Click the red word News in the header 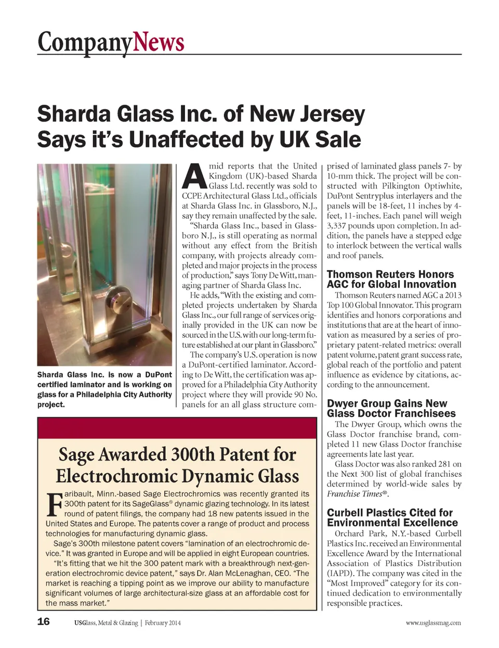coord(159,42)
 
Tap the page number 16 coord(44,621)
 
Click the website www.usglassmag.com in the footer coord(433,622)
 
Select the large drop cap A coord(193,176)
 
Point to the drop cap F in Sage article coord(54,503)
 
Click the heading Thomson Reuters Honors coord(390,274)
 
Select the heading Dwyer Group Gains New coord(387,403)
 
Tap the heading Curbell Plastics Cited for coord(389,513)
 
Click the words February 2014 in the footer coord(163,623)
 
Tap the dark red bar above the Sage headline coord(177,428)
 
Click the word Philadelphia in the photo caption coord(101,395)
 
